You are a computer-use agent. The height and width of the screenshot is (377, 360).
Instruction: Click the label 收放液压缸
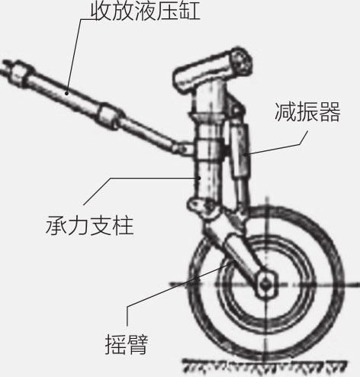[146, 11]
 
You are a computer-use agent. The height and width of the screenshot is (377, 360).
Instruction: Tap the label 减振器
[307, 112]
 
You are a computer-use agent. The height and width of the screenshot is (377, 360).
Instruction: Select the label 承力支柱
[90, 225]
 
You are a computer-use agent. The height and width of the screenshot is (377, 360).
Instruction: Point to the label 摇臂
[127, 344]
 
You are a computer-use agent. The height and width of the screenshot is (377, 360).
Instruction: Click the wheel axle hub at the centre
[266, 284]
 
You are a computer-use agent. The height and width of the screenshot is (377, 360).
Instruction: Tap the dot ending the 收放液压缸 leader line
[66, 93]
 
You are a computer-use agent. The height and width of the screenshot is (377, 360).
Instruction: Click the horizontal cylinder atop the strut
[212, 70]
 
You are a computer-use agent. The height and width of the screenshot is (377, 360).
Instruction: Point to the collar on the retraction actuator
[108, 116]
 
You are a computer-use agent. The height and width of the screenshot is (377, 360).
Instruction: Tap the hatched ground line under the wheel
[265, 365]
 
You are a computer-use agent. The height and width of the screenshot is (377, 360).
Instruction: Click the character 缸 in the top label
[190, 11]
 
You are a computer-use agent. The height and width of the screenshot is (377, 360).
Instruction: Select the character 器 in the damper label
[329, 112]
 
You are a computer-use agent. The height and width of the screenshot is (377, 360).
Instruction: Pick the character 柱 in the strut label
[123, 225]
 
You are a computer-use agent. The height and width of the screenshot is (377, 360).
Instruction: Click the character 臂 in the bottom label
[137, 344]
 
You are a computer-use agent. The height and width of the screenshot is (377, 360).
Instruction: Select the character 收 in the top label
[101, 11]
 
